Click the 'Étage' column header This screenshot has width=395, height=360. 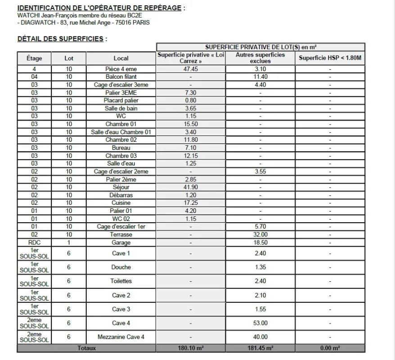pyautogui.click(x=34, y=58)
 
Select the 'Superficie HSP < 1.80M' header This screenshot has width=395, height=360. pyautogui.click(x=330, y=58)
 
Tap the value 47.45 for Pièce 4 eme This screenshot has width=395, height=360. pyautogui.click(x=191, y=69)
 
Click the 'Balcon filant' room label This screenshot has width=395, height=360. pyautogui.click(x=121, y=77)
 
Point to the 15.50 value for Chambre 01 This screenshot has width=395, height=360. pyautogui.click(x=191, y=124)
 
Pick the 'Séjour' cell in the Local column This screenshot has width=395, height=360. pyautogui.click(x=121, y=187)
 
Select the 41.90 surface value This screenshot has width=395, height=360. pyautogui.click(x=191, y=187)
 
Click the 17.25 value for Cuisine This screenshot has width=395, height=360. pyautogui.click(x=191, y=203)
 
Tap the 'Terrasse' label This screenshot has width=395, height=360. pyautogui.click(x=121, y=234)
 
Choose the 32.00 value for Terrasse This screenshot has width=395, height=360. pyautogui.click(x=260, y=234)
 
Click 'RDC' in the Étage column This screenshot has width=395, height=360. pyautogui.click(x=34, y=242)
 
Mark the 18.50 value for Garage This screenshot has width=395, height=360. pyautogui.click(x=260, y=242)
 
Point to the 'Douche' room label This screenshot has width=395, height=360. pyautogui.click(x=121, y=267)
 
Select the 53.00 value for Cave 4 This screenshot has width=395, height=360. pyautogui.click(x=260, y=323)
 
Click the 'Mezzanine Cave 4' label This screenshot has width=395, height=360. pyautogui.click(x=121, y=337)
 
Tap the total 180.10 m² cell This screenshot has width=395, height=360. pyautogui.click(x=191, y=348)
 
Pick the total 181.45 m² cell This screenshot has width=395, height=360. pyautogui.click(x=260, y=348)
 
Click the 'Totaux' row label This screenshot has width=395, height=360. pyautogui.click(x=86, y=348)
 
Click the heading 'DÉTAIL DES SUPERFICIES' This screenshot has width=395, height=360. pyautogui.click(x=60, y=39)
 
